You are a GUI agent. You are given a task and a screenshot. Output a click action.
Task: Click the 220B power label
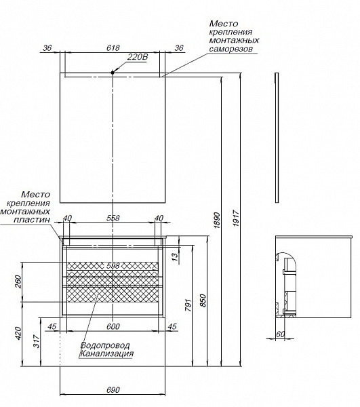[138, 57]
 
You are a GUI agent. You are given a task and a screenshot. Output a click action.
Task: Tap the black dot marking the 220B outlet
[113, 73]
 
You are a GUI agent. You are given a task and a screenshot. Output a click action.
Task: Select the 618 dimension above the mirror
[113, 48]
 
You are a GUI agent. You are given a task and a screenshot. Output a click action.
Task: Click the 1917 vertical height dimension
[236, 219]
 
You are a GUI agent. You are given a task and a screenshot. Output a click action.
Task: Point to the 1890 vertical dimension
[217, 220]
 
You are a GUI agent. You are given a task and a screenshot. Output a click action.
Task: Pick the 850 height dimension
[203, 301]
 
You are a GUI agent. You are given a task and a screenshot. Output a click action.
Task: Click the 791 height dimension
[188, 305]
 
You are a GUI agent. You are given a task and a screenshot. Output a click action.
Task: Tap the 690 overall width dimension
[113, 390]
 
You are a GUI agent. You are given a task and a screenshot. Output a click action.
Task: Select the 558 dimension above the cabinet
[113, 218]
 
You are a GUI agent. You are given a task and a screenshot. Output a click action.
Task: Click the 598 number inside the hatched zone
[113, 265]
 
